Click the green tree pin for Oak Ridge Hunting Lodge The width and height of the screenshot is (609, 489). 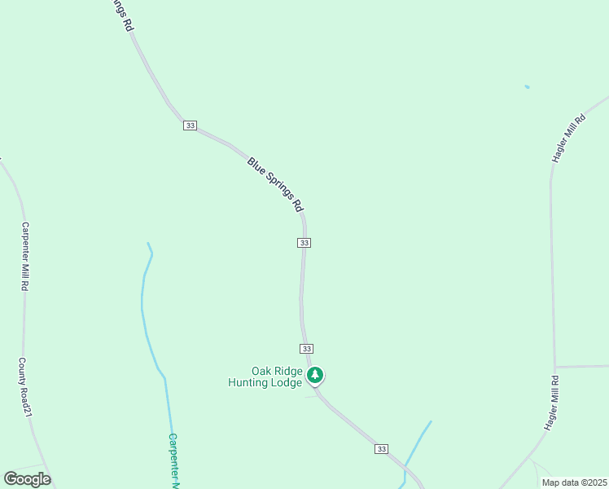pyautogui.click(x=315, y=375)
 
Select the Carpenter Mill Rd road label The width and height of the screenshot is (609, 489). pyautogui.click(x=25, y=257)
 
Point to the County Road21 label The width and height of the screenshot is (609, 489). pyautogui.click(x=25, y=387)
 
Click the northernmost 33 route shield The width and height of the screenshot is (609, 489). pyautogui.click(x=190, y=126)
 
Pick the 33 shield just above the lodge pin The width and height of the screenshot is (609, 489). pyautogui.click(x=306, y=348)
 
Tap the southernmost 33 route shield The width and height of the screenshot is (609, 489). pyautogui.click(x=381, y=449)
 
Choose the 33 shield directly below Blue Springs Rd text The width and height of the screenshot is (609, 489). pyautogui.click(x=304, y=243)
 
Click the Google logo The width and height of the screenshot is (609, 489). pyautogui.click(x=27, y=479)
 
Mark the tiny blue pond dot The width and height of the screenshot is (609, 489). pyautogui.click(x=528, y=87)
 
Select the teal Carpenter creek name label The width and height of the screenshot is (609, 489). pyautogui.click(x=173, y=460)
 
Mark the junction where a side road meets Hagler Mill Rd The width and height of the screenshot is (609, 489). pyautogui.click(x=554, y=367)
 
